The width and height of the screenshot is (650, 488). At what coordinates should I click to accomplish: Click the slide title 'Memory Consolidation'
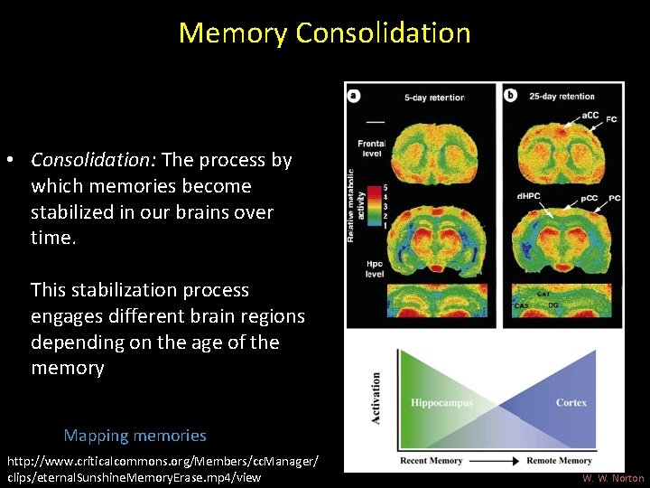point(325,33)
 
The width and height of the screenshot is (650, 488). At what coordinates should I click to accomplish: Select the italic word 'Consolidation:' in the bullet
point(94,160)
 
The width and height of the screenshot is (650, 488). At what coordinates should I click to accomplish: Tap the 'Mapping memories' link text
point(135,436)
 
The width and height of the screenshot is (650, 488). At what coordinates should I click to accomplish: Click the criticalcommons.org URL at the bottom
point(162,469)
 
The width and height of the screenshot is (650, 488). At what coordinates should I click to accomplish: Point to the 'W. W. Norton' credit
point(613,478)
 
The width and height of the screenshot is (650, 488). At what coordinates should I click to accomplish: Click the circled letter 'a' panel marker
point(355,95)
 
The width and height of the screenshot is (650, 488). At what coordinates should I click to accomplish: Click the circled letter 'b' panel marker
point(510,95)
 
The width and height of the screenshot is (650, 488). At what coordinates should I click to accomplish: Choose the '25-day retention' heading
point(562,96)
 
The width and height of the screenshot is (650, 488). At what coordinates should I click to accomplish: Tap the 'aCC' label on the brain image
point(590,115)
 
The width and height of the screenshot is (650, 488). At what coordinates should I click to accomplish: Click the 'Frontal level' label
point(371,148)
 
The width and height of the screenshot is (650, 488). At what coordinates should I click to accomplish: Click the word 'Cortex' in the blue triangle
point(571,402)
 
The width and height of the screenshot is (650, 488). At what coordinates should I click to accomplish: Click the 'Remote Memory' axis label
point(560,461)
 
